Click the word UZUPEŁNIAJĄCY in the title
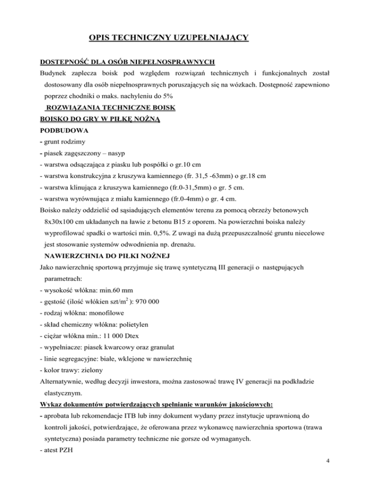click(x=206, y=37)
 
